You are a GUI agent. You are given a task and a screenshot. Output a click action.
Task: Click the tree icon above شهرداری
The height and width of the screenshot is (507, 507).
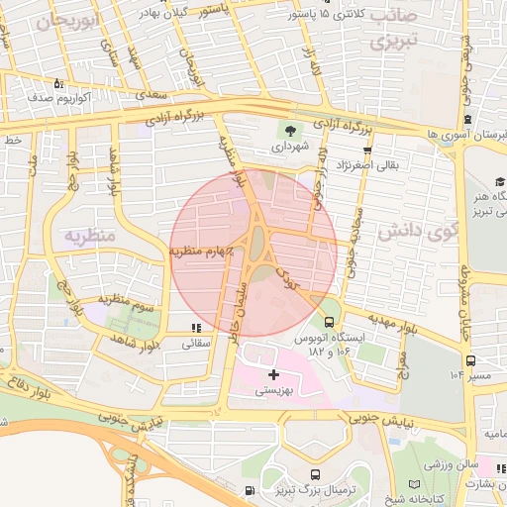(290, 130)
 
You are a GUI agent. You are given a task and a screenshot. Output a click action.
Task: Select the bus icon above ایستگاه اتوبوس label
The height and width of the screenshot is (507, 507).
(329, 321)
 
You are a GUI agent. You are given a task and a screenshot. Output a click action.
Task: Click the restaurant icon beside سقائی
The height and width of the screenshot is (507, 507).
(196, 327)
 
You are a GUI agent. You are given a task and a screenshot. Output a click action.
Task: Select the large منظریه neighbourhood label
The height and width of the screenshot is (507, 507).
(91, 236)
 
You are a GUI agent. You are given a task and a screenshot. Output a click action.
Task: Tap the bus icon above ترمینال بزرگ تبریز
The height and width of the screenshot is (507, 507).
(315, 474)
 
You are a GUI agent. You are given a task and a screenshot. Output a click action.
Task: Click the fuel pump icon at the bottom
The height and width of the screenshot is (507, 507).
(249, 490)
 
